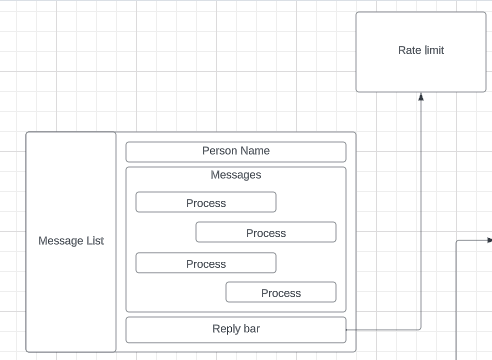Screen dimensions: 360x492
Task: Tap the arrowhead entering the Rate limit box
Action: coord(421,97)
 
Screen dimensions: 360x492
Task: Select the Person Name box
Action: coord(236,152)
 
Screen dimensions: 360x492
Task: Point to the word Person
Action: coord(220,151)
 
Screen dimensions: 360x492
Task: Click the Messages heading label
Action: coord(236,175)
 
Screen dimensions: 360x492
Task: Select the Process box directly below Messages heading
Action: coord(206,203)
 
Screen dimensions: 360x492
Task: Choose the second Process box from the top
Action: coord(266,233)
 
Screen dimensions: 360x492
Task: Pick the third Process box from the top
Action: coord(206,264)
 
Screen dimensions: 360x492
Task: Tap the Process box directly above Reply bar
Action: coord(281,293)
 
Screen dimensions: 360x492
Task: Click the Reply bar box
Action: coord(236,330)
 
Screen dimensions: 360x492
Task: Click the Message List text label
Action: coord(71,241)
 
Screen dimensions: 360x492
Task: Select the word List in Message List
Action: coord(94,241)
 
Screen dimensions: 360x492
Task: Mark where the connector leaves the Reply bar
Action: coord(347,329)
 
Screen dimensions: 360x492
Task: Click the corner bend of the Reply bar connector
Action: coord(421,329)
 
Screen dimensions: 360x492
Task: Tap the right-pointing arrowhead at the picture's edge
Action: coord(488,240)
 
